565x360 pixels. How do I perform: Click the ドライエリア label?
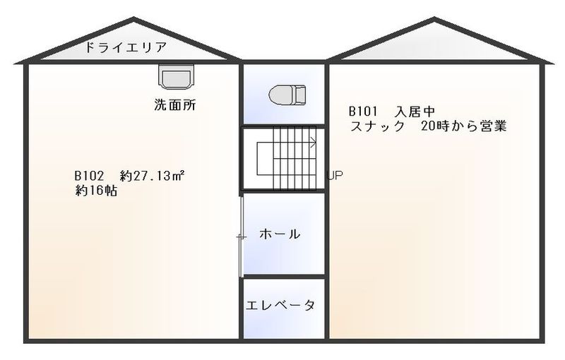tap(126, 47)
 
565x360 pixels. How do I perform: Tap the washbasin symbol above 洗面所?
tap(176, 77)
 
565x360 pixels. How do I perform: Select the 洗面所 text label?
tap(175, 104)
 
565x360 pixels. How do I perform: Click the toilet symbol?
tap(287, 95)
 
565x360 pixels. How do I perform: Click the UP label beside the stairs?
tap(335, 175)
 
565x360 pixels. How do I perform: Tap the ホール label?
tap(280, 234)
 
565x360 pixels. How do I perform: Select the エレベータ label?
tap(280, 305)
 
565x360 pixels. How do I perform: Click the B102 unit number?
tap(89, 176)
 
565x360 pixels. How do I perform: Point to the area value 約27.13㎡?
tap(153, 176)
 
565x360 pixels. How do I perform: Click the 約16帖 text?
tap(96, 191)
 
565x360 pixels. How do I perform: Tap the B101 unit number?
tap(363, 112)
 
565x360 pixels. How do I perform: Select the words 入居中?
tap(415, 112)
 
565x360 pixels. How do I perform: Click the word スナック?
tap(378, 126)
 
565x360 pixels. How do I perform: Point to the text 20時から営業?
tap(464, 126)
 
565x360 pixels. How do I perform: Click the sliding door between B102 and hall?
tap(242, 237)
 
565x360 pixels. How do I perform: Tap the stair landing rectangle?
tap(265, 159)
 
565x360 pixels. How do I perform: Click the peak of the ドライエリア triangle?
tap(133, 18)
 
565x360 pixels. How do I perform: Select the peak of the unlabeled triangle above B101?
tap(434, 18)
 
